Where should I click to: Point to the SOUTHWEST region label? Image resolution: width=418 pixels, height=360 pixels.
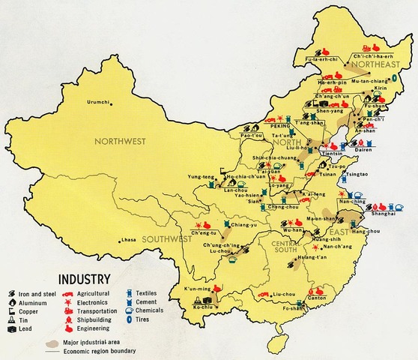coord(160,239)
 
